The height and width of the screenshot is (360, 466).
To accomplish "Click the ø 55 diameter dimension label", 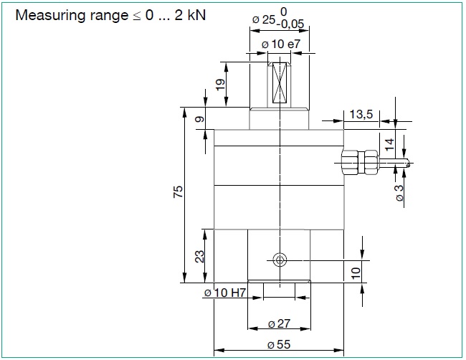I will tap(279, 345).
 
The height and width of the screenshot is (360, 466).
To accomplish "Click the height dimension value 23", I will tap(200, 256).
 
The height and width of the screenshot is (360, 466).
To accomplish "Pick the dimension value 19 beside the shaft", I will tap(221, 84).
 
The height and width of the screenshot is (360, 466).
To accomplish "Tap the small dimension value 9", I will tap(199, 119).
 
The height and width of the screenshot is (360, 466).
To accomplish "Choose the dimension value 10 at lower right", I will tap(356, 272).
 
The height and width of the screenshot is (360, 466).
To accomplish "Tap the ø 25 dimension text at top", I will tap(264, 21).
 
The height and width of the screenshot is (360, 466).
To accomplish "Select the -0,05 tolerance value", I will tap(291, 24).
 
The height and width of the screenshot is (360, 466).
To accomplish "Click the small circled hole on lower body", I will tap(280, 259).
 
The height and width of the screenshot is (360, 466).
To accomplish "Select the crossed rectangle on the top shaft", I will tap(279, 82).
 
